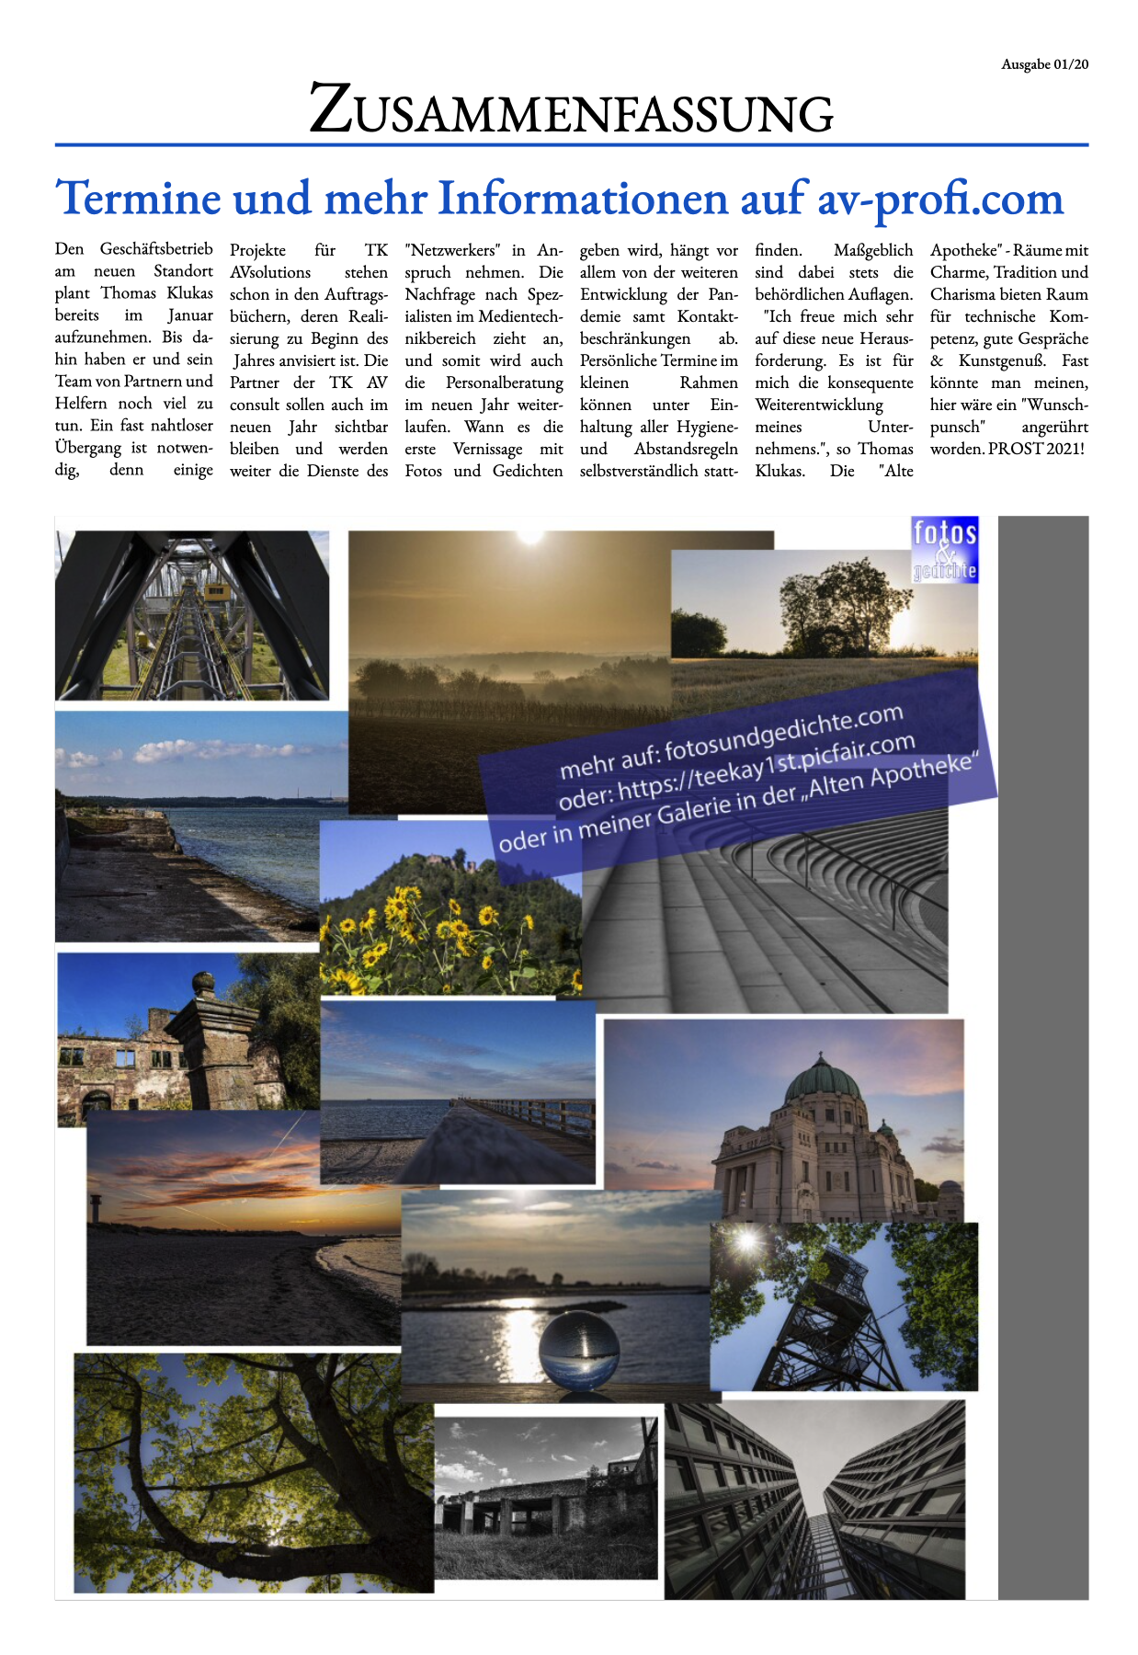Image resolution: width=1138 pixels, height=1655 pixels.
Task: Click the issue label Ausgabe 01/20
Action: (x=1044, y=64)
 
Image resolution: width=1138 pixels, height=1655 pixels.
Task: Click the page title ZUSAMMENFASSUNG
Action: (x=571, y=110)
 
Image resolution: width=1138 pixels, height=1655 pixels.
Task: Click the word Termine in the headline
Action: (x=139, y=199)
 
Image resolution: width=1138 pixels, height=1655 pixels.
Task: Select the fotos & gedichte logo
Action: (x=944, y=550)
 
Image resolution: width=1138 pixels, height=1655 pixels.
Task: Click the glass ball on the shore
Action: (x=573, y=1349)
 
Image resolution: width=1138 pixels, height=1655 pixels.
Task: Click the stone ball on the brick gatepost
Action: (x=203, y=985)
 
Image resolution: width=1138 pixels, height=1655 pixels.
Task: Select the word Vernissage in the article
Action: (x=487, y=450)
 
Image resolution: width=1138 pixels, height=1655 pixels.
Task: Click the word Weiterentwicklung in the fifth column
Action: (x=819, y=405)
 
